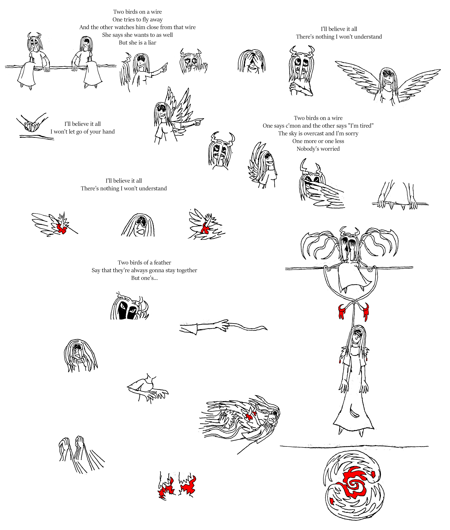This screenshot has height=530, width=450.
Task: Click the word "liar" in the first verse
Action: [152, 43]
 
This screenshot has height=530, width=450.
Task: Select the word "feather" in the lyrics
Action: [163, 262]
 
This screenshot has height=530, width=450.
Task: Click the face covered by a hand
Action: [252, 61]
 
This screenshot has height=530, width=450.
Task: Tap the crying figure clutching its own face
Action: [80, 355]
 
